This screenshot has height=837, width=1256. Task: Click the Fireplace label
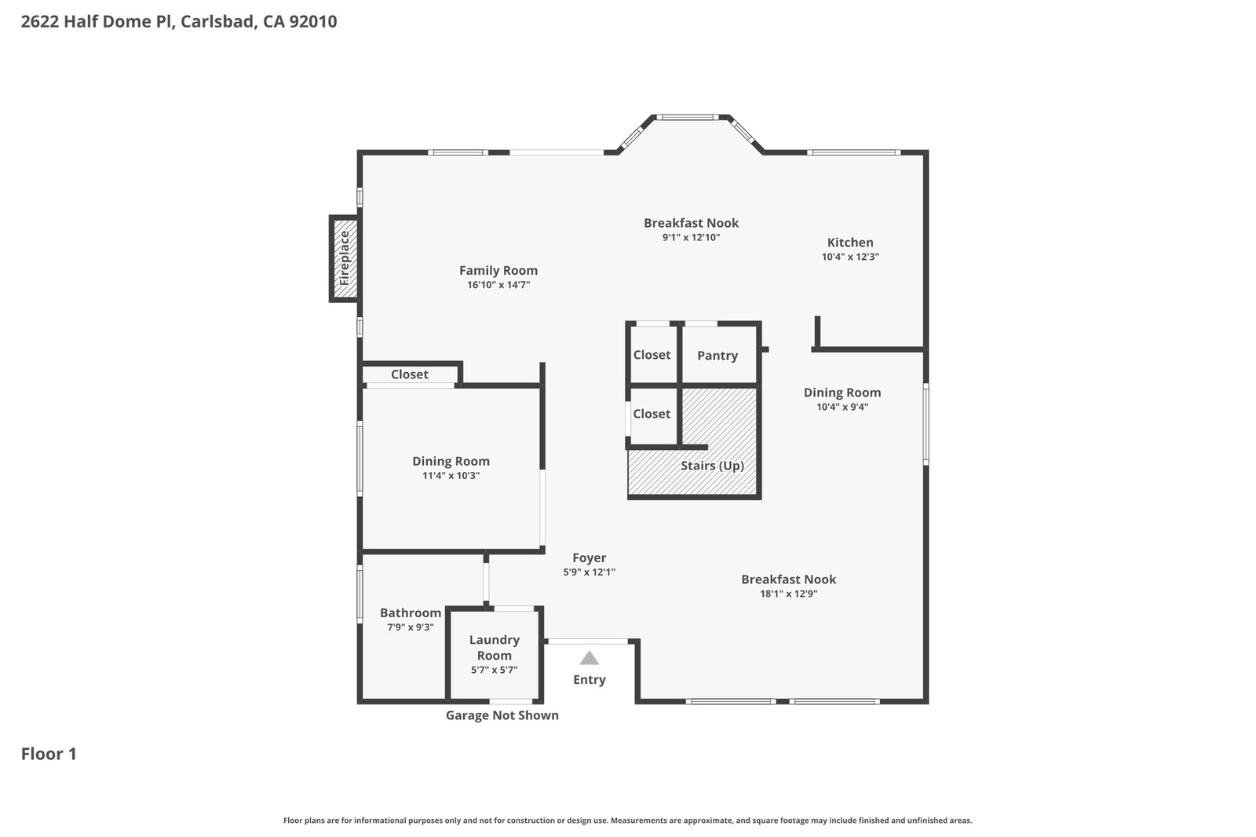click(345, 258)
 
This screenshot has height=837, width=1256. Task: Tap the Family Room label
click(498, 270)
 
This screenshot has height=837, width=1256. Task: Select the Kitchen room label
click(850, 243)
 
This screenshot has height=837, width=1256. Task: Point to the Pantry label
click(717, 355)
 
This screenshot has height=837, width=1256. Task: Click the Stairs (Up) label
click(712, 466)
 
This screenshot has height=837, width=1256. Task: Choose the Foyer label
click(589, 557)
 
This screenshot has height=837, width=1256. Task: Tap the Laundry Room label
click(494, 648)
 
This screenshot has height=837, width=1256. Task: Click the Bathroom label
click(411, 612)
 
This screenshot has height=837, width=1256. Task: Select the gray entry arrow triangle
click(589, 658)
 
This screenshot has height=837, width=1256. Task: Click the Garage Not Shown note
click(502, 715)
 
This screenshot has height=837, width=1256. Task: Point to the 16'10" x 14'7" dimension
click(498, 285)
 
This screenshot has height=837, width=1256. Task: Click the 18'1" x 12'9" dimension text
click(788, 594)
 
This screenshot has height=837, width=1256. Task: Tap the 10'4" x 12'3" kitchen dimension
click(850, 257)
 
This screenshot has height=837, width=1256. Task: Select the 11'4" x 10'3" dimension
click(451, 476)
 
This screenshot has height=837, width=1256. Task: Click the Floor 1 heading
click(49, 754)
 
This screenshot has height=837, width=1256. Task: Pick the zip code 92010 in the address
click(313, 21)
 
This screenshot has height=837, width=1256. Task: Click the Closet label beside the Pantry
click(652, 355)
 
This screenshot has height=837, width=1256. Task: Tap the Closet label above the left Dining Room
click(409, 375)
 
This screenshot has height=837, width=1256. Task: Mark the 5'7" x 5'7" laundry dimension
click(494, 670)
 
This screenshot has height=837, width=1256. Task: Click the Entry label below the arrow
click(589, 680)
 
